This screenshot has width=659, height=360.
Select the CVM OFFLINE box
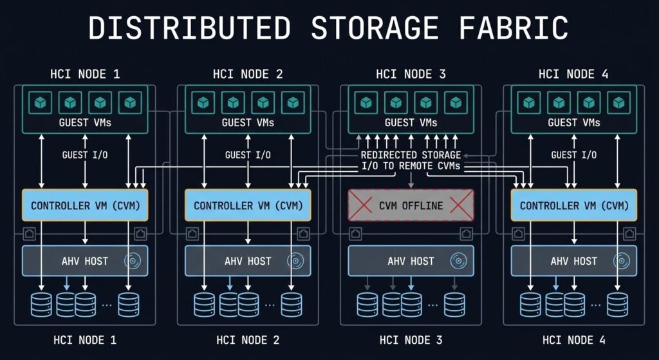411,205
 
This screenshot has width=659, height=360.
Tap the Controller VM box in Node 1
85,205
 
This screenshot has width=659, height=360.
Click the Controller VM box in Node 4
573,205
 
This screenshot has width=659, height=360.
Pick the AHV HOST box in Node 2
248,261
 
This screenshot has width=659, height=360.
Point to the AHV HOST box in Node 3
411,261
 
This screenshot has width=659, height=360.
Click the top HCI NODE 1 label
85,74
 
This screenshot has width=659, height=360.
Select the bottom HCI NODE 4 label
574,339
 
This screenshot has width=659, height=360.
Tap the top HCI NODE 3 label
411,74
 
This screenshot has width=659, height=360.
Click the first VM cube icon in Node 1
41,102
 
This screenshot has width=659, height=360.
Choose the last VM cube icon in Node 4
619,102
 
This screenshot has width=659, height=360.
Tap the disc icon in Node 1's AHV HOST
134,261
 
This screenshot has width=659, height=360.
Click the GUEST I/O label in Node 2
248,155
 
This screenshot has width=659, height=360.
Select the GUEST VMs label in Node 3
411,122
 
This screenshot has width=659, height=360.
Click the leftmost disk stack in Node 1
42,304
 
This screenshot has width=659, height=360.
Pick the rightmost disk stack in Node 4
617,304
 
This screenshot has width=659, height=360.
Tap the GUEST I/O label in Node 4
573,155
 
